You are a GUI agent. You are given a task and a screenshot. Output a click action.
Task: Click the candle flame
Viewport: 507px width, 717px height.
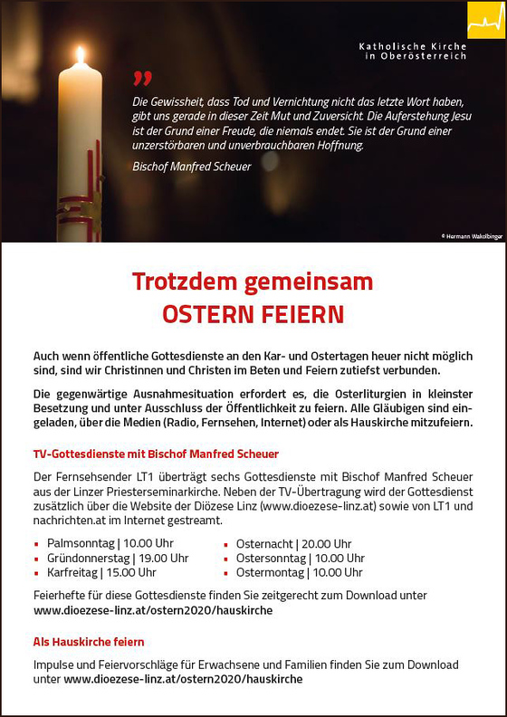pyautogui.click(x=80, y=56)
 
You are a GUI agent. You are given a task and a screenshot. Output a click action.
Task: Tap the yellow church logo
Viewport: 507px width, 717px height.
pyautogui.click(x=485, y=20)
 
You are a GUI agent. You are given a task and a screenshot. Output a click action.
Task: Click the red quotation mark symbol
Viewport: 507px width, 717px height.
pyautogui.click(x=142, y=79)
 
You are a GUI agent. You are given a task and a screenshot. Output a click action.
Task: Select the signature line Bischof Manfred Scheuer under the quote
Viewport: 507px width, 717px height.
pyautogui.click(x=192, y=167)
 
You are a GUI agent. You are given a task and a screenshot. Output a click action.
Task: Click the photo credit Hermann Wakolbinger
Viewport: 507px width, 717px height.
pyautogui.click(x=471, y=235)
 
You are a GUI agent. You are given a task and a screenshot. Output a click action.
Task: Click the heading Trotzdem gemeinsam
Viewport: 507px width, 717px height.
pyautogui.click(x=253, y=282)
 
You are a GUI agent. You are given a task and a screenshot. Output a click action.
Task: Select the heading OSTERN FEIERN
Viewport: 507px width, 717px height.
pyautogui.click(x=253, y=314)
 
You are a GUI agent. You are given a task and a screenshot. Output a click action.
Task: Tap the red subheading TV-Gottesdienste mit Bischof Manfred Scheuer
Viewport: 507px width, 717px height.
pyautogui.click(x=156, y=454)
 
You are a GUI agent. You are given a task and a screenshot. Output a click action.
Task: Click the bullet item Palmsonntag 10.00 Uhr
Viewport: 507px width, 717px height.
pyautogui.click(x=110, y=543)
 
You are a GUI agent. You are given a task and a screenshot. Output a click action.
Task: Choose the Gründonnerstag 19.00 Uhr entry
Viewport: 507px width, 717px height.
pyautogui.click(x=118, y=558)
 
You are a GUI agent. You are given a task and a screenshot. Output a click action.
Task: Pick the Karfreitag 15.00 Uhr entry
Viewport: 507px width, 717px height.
pyautogui.click(x=101, y=572)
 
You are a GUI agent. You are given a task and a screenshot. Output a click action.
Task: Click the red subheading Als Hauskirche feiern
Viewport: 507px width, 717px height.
pyautogui.click(x=89, y=642)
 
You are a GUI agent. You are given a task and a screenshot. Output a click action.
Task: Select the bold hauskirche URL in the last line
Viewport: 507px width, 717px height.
pyautogui.click(x=183, y=678)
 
